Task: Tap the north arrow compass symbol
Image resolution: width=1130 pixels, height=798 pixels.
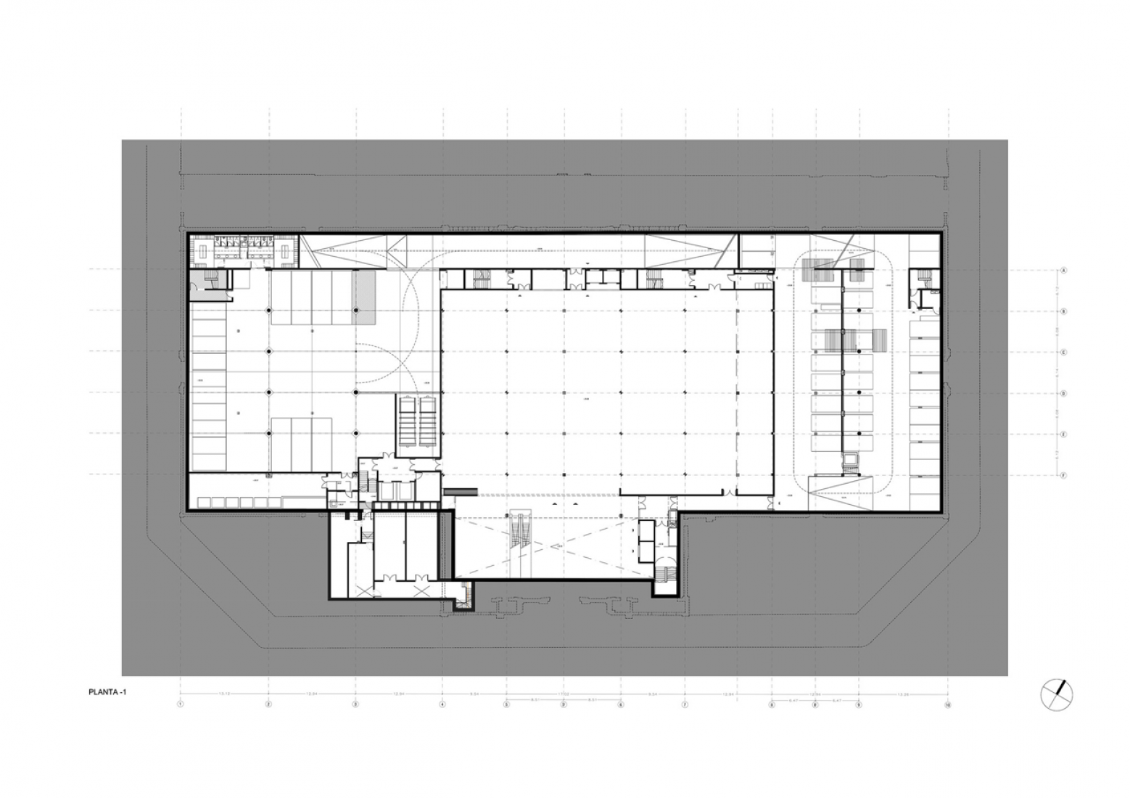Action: (x=1057, y=694)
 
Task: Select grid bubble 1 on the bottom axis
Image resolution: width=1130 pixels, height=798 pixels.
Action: (x=181, y=704)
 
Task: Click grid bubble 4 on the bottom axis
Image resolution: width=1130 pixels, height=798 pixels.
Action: (x=442, y=704)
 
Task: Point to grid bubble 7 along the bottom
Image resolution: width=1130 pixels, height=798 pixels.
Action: (x=685, y=704)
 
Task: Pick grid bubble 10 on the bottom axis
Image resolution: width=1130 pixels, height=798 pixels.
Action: (x=947, y=704)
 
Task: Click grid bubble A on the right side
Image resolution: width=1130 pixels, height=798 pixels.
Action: (x=1063, y=270)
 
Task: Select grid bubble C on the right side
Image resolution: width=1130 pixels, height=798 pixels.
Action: (x=1063, y=353)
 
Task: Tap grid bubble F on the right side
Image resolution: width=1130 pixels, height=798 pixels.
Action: (x=1063, y=475)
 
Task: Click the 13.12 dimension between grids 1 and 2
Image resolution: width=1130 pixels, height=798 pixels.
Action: (x=224, y=694)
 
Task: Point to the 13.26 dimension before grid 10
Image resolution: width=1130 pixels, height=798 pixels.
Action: (x=903, y=694)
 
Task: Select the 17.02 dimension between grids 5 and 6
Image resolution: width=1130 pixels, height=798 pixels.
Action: (x=564, y=694)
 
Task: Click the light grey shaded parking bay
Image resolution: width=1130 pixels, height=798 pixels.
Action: (x=364, y=297)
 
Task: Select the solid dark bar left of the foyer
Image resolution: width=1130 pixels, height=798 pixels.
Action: (x=461, y=491)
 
